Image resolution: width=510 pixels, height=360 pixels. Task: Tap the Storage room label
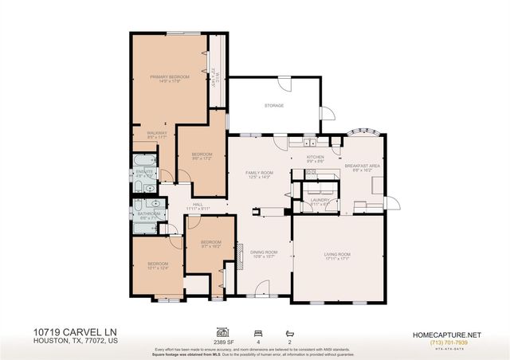tap(274, 105)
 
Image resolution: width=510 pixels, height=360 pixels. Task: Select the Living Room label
tap(337, 255)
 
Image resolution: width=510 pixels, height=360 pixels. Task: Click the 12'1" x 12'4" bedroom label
tap(158, 265)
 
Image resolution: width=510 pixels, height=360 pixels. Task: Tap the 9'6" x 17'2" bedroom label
tap(202, 155)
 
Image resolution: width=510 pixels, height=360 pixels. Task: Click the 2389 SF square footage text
tap(222, 338)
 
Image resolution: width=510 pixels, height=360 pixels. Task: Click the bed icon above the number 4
tap(257, 330)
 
